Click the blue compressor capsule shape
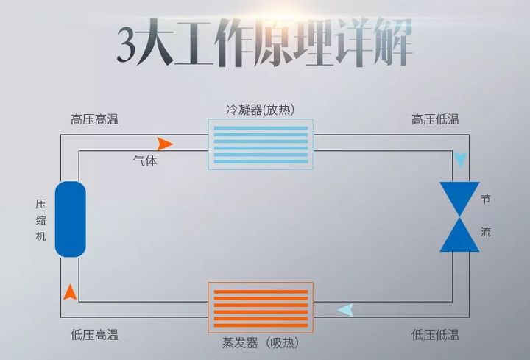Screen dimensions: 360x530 click(x=71, y=219)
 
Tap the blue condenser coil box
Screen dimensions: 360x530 click(x=261, y=144)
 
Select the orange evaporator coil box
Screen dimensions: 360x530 click(x=261, y=307)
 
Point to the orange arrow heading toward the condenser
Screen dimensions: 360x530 click(x=165, y=144)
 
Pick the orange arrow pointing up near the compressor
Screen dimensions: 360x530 click(x=70, y=292)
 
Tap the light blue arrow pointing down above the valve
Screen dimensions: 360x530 click(x=461, y=160)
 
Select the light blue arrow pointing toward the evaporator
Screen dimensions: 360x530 click(x=344, y=310)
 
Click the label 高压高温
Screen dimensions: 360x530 click(x=94, y=119)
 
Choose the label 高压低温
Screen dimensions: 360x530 click(x=435, y=119)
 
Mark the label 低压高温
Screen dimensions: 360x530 click(x=94, y=335)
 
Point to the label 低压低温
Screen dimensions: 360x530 click(x=435, y=335)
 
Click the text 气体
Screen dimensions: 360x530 click(x=145, y=160)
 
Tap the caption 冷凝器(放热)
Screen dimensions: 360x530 click(x=261, y=110)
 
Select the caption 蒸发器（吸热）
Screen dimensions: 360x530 click(x=261, y=343)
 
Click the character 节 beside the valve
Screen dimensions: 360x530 click(x=486, y=200)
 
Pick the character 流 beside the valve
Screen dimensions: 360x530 click(x=486, y=232)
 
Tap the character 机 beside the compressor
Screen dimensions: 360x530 click(x=41, y=236)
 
